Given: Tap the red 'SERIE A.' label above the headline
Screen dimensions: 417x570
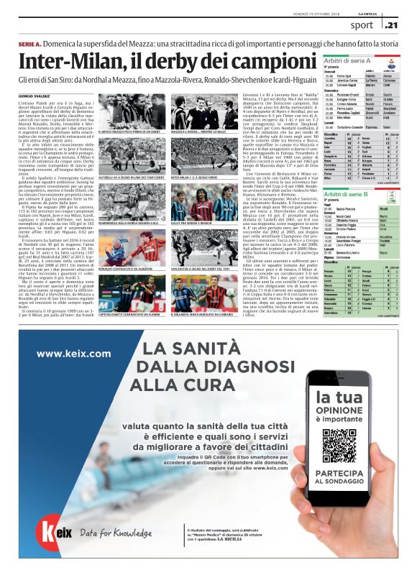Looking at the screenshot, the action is pyautogui.click(x=31, y=44).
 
